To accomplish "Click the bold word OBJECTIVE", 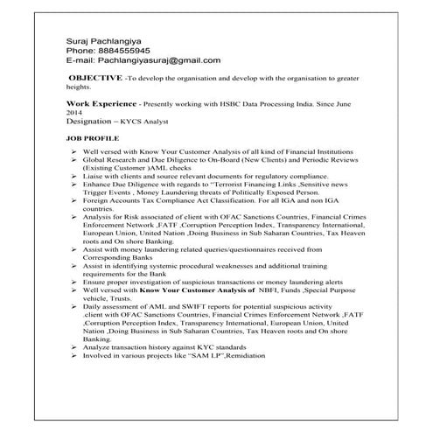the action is (95, 79).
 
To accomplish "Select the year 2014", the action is (76, 113).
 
